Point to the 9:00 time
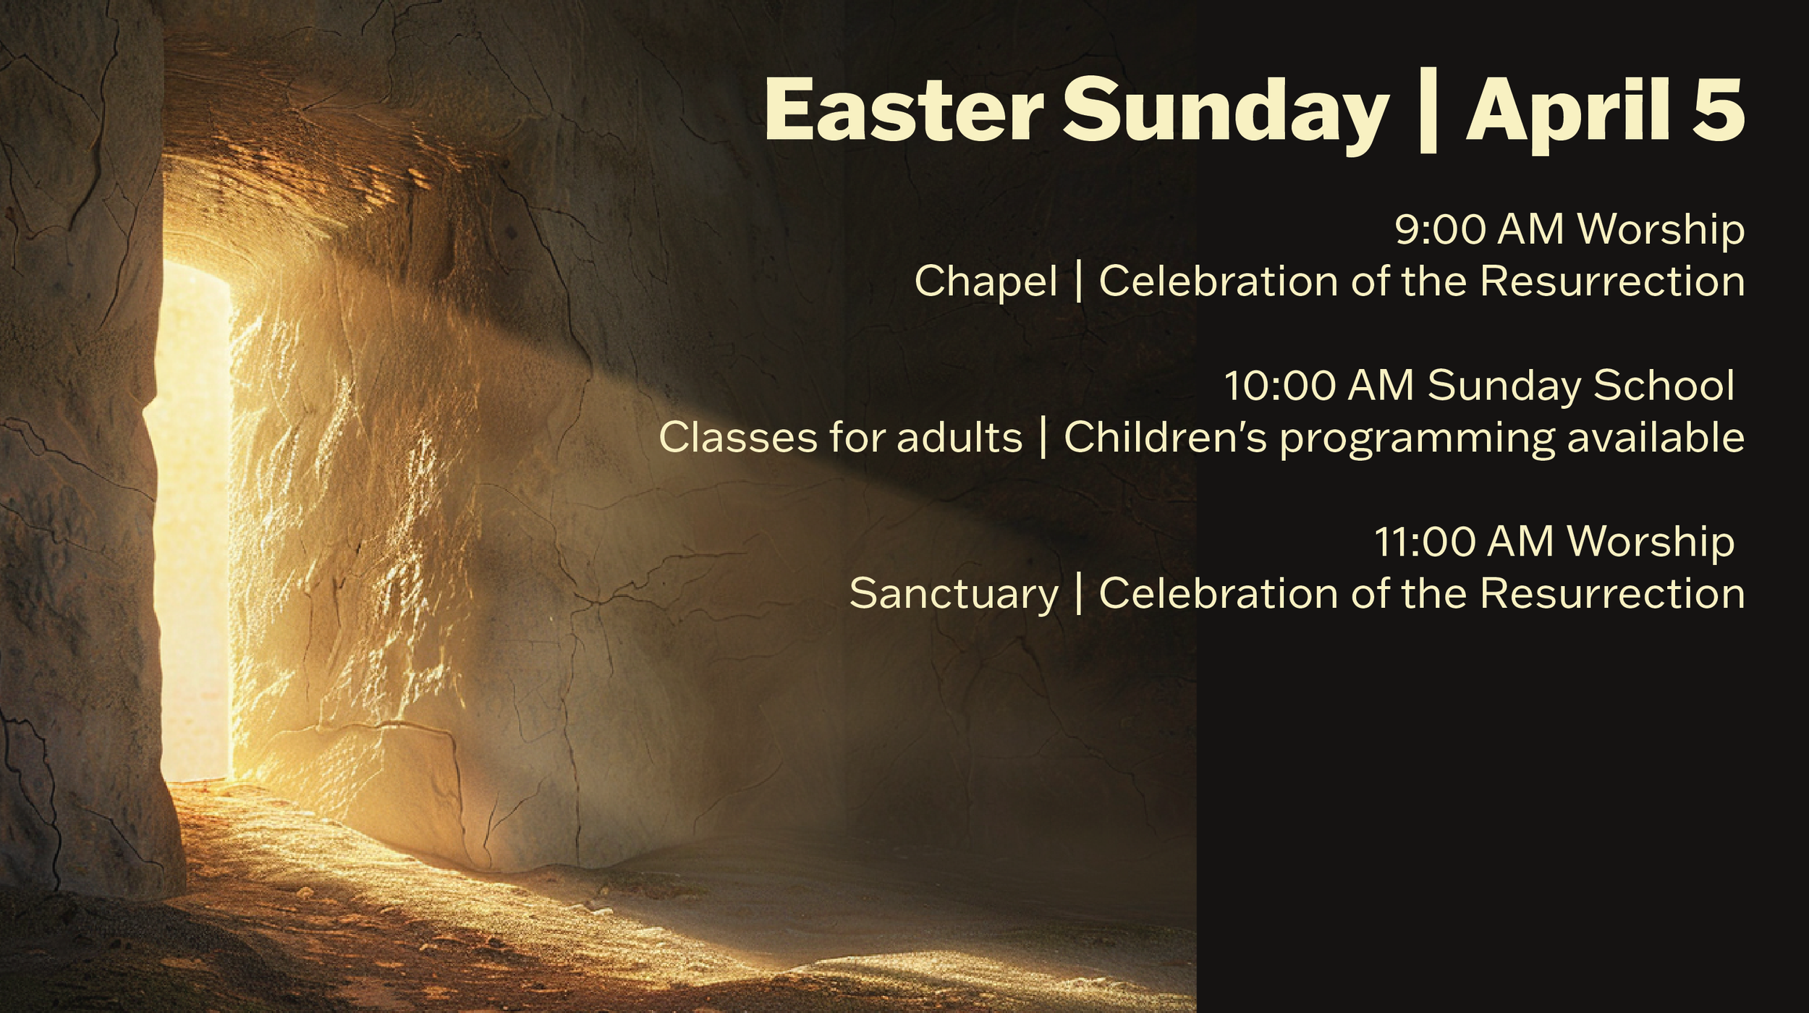coord(1439,229)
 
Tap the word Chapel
coord(986,282)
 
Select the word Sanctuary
coord(954,595)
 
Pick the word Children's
coord(1165,438)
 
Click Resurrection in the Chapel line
coord(1611,281)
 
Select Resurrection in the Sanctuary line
coord(1611,594)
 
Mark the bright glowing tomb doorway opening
coord(194,521)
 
